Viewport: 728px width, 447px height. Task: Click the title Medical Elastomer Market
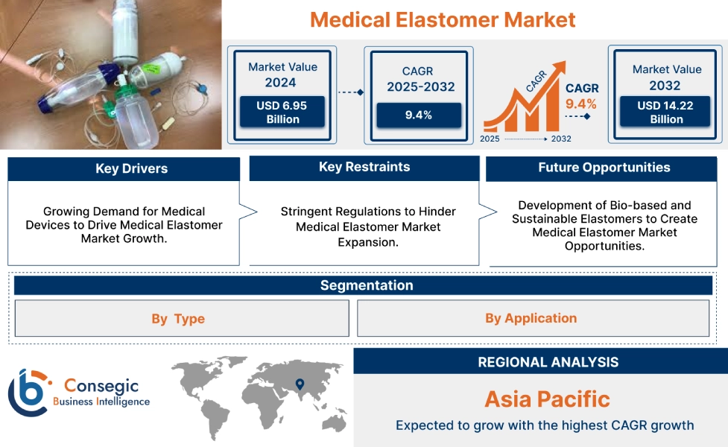(443, 19)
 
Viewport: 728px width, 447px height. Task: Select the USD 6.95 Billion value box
(282, 112)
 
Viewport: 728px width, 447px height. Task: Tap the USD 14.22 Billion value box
(665, 112)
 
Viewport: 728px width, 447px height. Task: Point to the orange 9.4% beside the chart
(581, 104)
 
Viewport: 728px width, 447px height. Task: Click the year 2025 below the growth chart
(490, 139)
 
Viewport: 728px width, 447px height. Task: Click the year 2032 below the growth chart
(560, 139)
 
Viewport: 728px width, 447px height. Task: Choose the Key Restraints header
(364, 167)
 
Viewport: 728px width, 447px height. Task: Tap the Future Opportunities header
(604, 168)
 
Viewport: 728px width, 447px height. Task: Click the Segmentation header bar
(366, 285)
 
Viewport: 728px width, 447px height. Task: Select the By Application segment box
(531, 318)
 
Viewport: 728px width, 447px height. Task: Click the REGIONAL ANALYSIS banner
(548, 362)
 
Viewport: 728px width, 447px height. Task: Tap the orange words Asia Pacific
(547, 399)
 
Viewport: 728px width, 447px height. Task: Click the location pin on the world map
(300, 384)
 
